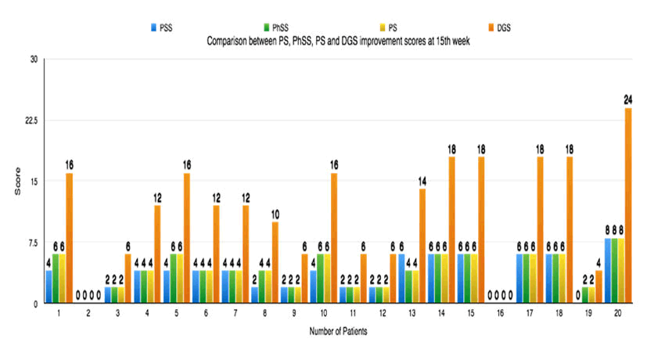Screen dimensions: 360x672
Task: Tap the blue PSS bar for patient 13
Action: coord(401,278)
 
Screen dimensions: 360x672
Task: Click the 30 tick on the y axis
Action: coord(33,59)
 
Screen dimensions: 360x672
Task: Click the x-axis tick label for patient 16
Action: coord(499,312)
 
